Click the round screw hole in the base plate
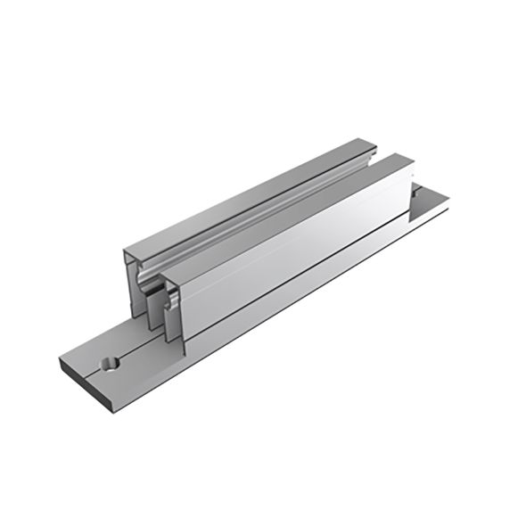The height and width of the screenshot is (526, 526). [x=111, y=364]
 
